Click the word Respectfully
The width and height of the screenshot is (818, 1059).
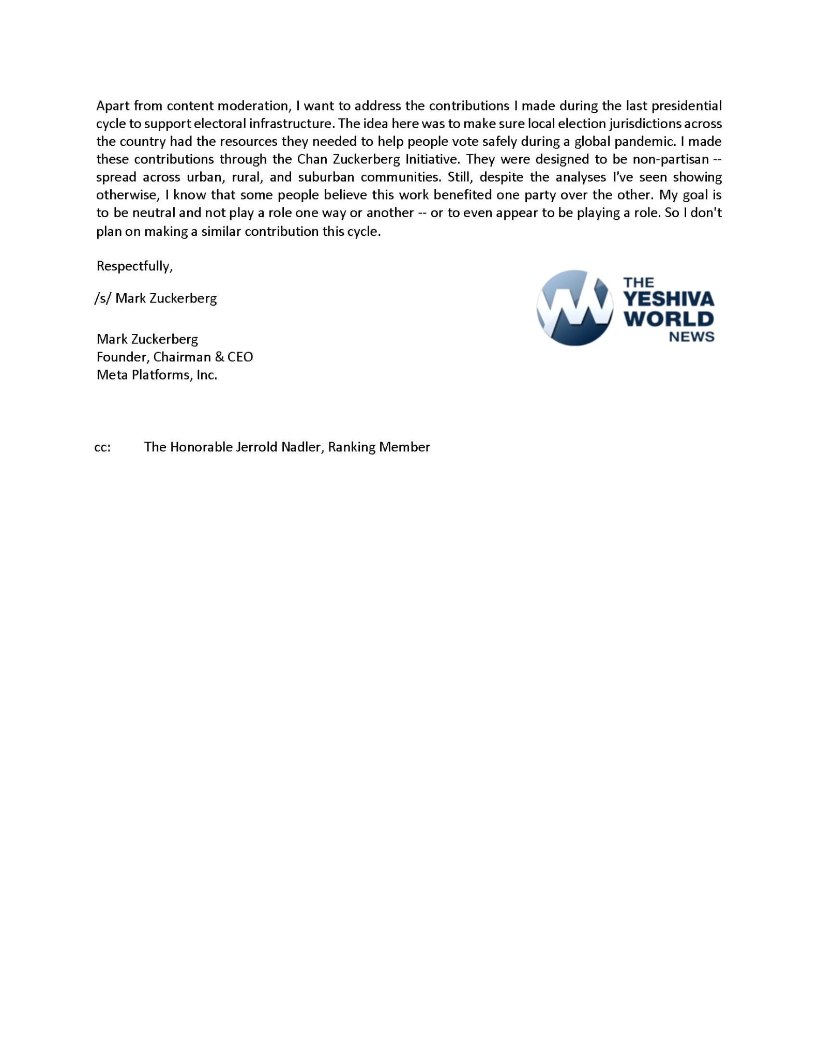click(x=134, y=266)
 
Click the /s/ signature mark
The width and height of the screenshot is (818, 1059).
click(x=102, y=298)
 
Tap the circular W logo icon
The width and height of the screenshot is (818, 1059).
click(x=574, y=308)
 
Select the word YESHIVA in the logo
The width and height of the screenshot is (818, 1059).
click(x=669, y=299)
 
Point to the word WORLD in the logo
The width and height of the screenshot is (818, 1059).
click(x=669, y=319)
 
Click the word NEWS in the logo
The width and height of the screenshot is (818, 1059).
click(x=691, y=337)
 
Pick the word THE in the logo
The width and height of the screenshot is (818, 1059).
click(x=639, y=282)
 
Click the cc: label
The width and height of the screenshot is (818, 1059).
click(x=102, y=447)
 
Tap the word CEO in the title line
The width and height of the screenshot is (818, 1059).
click(x=240, y=357)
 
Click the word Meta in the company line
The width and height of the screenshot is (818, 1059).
click(x=111, y=375)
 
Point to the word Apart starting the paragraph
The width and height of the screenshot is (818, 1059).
click(x=113, y=106)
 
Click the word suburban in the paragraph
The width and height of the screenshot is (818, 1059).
click(x=326, y=177)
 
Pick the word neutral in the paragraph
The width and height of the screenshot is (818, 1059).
click(x=154, y=213)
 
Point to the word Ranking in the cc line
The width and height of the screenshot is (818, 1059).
click(x=351, y=447)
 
